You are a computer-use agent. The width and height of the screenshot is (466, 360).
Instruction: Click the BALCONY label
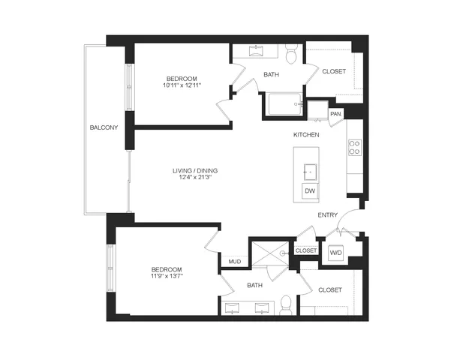click(x=104, y=127)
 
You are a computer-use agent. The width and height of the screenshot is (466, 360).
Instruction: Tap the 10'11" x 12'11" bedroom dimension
click(x=182, y=85)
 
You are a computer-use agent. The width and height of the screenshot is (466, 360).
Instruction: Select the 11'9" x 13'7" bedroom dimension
click(x=167, y=276)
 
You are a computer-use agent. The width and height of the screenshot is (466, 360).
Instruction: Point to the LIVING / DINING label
click(x=195, y=171)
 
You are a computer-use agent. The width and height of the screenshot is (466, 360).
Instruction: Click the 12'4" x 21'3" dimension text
click(x=195, y=177)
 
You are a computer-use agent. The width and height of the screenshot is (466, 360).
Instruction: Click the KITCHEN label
click(x=306, y=135)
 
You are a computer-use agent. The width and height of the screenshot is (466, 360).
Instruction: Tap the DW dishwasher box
click(x=310, y=190)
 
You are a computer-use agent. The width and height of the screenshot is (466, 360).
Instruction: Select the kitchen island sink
click(x=310, y=172)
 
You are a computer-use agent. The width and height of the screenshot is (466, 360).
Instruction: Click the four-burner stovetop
click(x=355, y=147)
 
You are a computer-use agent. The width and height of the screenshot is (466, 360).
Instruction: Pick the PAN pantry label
click(x=336, y=114)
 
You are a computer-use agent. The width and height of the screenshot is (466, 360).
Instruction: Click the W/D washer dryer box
click(x=336, y=253)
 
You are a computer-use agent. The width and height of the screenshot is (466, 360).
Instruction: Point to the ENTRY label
click(x=327, y=215)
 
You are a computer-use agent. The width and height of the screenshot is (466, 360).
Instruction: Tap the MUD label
click(x=235, y=262)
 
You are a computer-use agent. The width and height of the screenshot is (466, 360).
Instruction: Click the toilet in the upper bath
click(x=292, y=53)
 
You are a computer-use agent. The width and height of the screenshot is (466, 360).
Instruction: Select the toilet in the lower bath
click(x=287, y=305)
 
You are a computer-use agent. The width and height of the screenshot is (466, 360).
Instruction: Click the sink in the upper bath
click(x=256, y=51)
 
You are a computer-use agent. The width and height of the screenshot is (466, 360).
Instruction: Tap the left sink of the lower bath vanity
click(x=233, y=308)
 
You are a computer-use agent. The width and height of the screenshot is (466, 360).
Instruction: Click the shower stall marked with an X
click(x=270, y=253)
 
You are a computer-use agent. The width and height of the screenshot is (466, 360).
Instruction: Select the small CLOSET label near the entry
click(x=306, y=250)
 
